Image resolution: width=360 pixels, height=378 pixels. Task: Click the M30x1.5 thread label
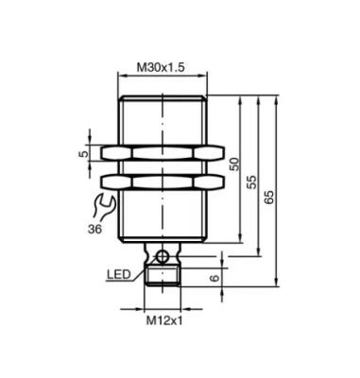(x=161, y=67)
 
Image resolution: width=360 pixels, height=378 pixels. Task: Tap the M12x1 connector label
(x=164, y=320)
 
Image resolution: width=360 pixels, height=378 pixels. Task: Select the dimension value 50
(x=234, y=163)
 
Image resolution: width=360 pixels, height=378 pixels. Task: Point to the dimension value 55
(x=251, y=182)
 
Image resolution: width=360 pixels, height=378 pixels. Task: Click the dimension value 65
(x=269, y=198)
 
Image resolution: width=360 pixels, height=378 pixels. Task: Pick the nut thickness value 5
(x=82, y=154)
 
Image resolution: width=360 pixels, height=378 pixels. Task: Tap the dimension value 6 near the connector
(x=214, y=278)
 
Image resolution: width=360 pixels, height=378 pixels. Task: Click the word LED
(x=118, y=274)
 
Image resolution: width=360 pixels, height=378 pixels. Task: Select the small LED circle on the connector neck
(x=163, y=256)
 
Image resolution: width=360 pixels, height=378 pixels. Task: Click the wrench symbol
(x=103, y=207)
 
